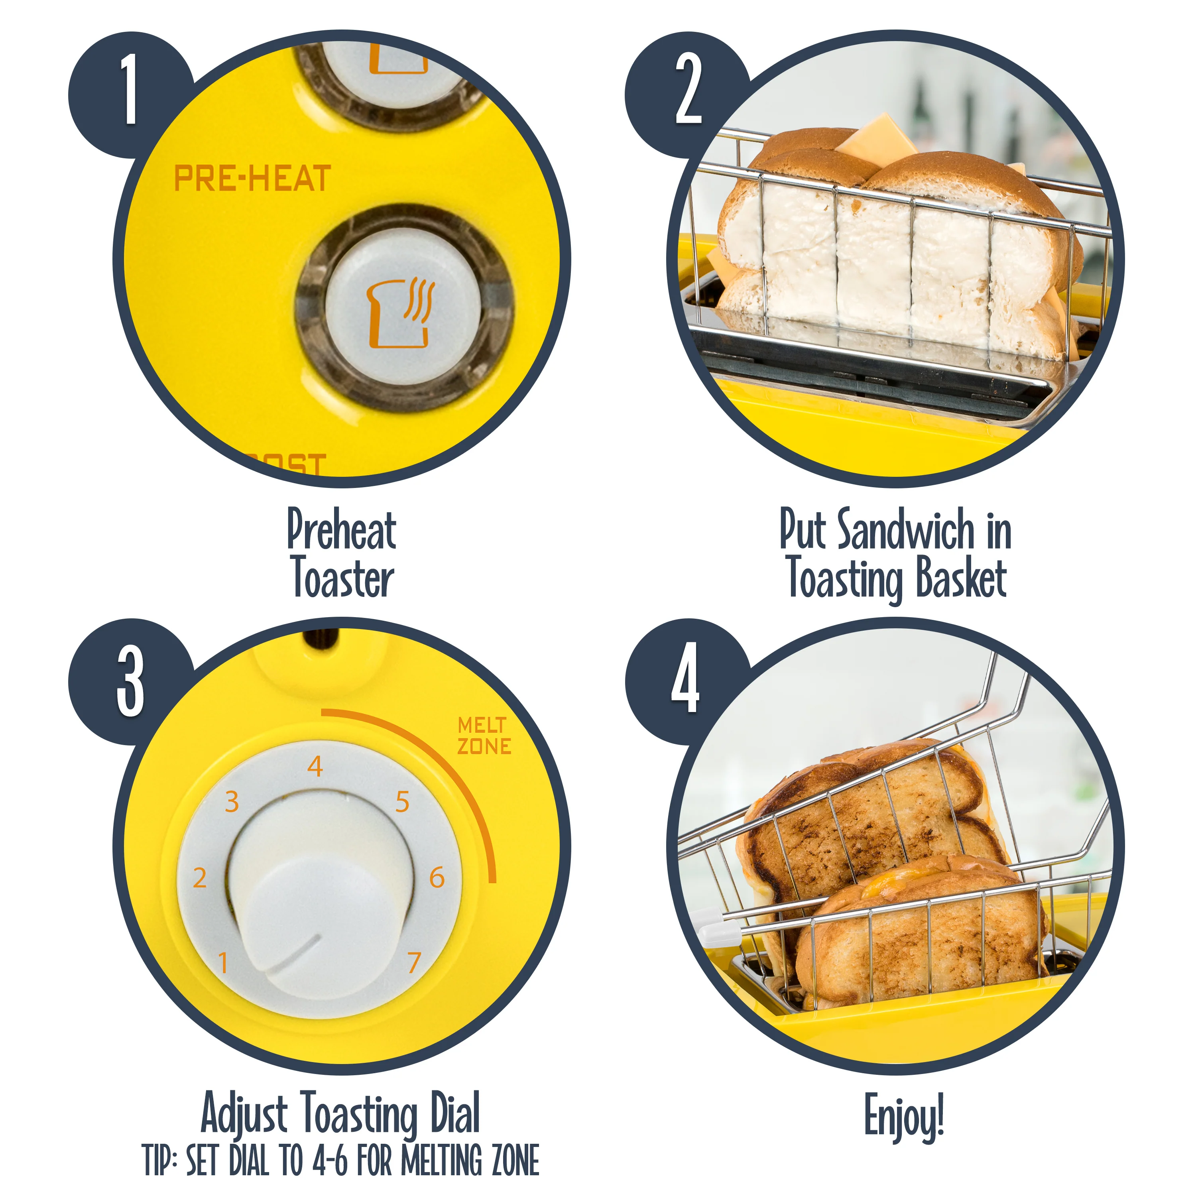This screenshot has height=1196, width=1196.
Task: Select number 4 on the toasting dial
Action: (315, 766)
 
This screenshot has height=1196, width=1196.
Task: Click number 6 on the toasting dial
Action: (437, 877)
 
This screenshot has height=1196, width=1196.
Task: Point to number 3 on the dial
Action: (232, 802)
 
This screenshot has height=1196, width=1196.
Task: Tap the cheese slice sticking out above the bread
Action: (877, 138)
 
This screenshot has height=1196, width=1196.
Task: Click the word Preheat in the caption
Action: (341, 531)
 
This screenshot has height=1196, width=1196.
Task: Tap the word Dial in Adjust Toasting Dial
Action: (456, 1113)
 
